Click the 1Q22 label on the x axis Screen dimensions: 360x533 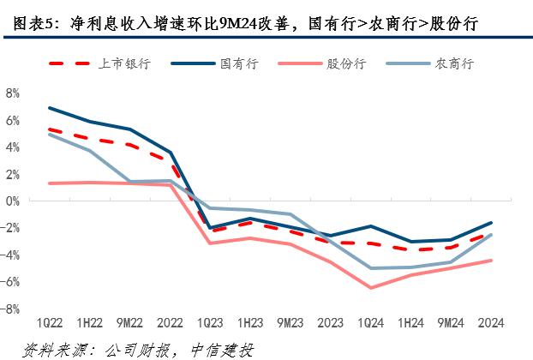[x=50, y=322]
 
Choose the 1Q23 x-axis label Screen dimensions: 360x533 [x=210, y=322]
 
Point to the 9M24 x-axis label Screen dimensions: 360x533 [x=451, y=322]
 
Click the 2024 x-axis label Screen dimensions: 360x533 [x=491, y=322]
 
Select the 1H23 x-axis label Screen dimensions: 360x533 [x=250, y=322]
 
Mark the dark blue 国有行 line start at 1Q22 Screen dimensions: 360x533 [x=50, y=108]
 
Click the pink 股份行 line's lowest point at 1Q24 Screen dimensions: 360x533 [x=370, y=288]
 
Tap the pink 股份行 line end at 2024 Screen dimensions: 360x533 [x=491, y=261]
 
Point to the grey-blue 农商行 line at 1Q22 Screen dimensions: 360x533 [x=50, y=134]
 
